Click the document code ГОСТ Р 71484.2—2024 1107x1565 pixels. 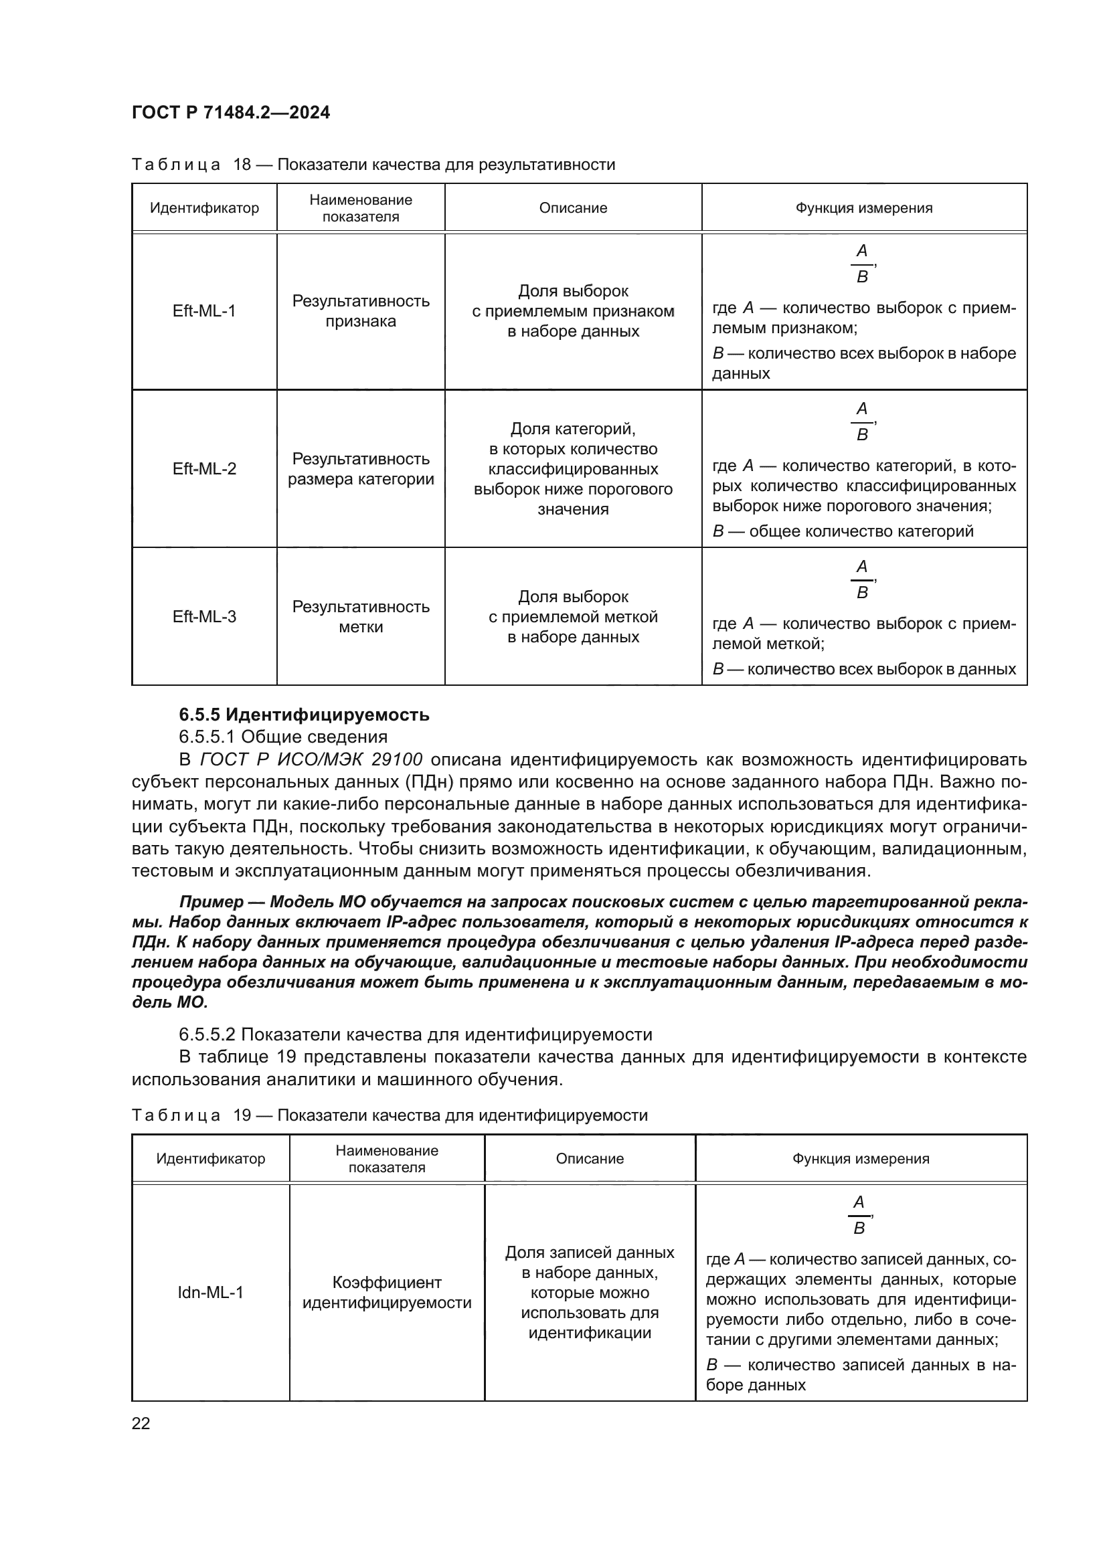[x=230, y=113]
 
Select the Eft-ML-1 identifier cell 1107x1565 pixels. [x=204, y=312]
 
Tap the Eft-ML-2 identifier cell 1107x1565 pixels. [x=204, y=469]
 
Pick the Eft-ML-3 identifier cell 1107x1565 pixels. [x=204, y=617]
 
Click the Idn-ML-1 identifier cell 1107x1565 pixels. [x=210, y=1293]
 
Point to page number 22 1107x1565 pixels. [x=141, y=1423]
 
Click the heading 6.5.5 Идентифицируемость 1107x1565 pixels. [x=304, y=715]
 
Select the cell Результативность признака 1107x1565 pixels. [x=361, y=312]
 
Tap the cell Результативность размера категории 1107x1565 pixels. [x=361, y=469]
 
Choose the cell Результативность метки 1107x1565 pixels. [x=361, y=617]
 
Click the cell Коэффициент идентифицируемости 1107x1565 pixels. [x=386, y=1293]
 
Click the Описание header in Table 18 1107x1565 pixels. [x=573, y=208]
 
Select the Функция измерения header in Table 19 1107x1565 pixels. [x=860, y=1159]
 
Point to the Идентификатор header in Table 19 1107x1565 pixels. [x=210, y=1159]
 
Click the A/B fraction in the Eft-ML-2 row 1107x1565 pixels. [x=861, y=422]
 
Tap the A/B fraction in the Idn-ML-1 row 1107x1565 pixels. [x=859, y=1215]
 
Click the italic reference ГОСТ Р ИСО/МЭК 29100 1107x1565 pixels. [x=311, y=759]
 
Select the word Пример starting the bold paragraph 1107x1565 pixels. [x=211, y=902]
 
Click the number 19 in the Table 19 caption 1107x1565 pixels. [x=243, y=1116]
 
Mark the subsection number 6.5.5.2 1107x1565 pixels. [x=207, y=1034]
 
